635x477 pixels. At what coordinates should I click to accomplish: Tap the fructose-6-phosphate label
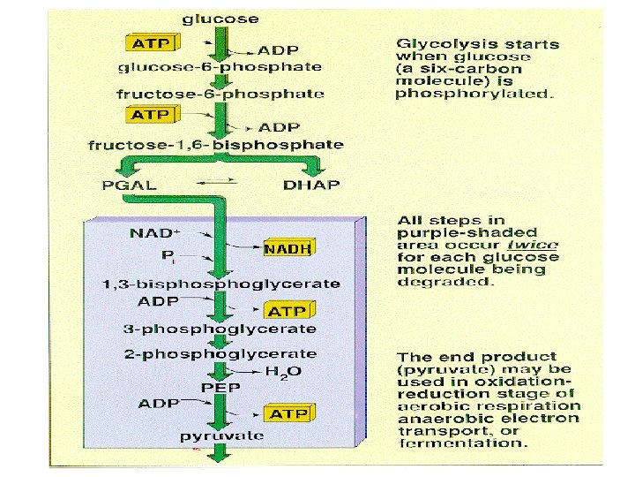220,93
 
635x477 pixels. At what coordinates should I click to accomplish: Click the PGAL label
130,185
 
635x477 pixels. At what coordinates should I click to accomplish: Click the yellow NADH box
288,248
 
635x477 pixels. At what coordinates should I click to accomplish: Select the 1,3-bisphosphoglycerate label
220,284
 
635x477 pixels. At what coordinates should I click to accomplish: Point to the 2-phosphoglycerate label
220,353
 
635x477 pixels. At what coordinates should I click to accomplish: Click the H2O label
284,371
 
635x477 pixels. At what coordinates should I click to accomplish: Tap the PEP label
216,387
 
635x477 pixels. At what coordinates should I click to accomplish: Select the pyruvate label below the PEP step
221,435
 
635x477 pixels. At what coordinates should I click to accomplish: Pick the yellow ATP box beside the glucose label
152,42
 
